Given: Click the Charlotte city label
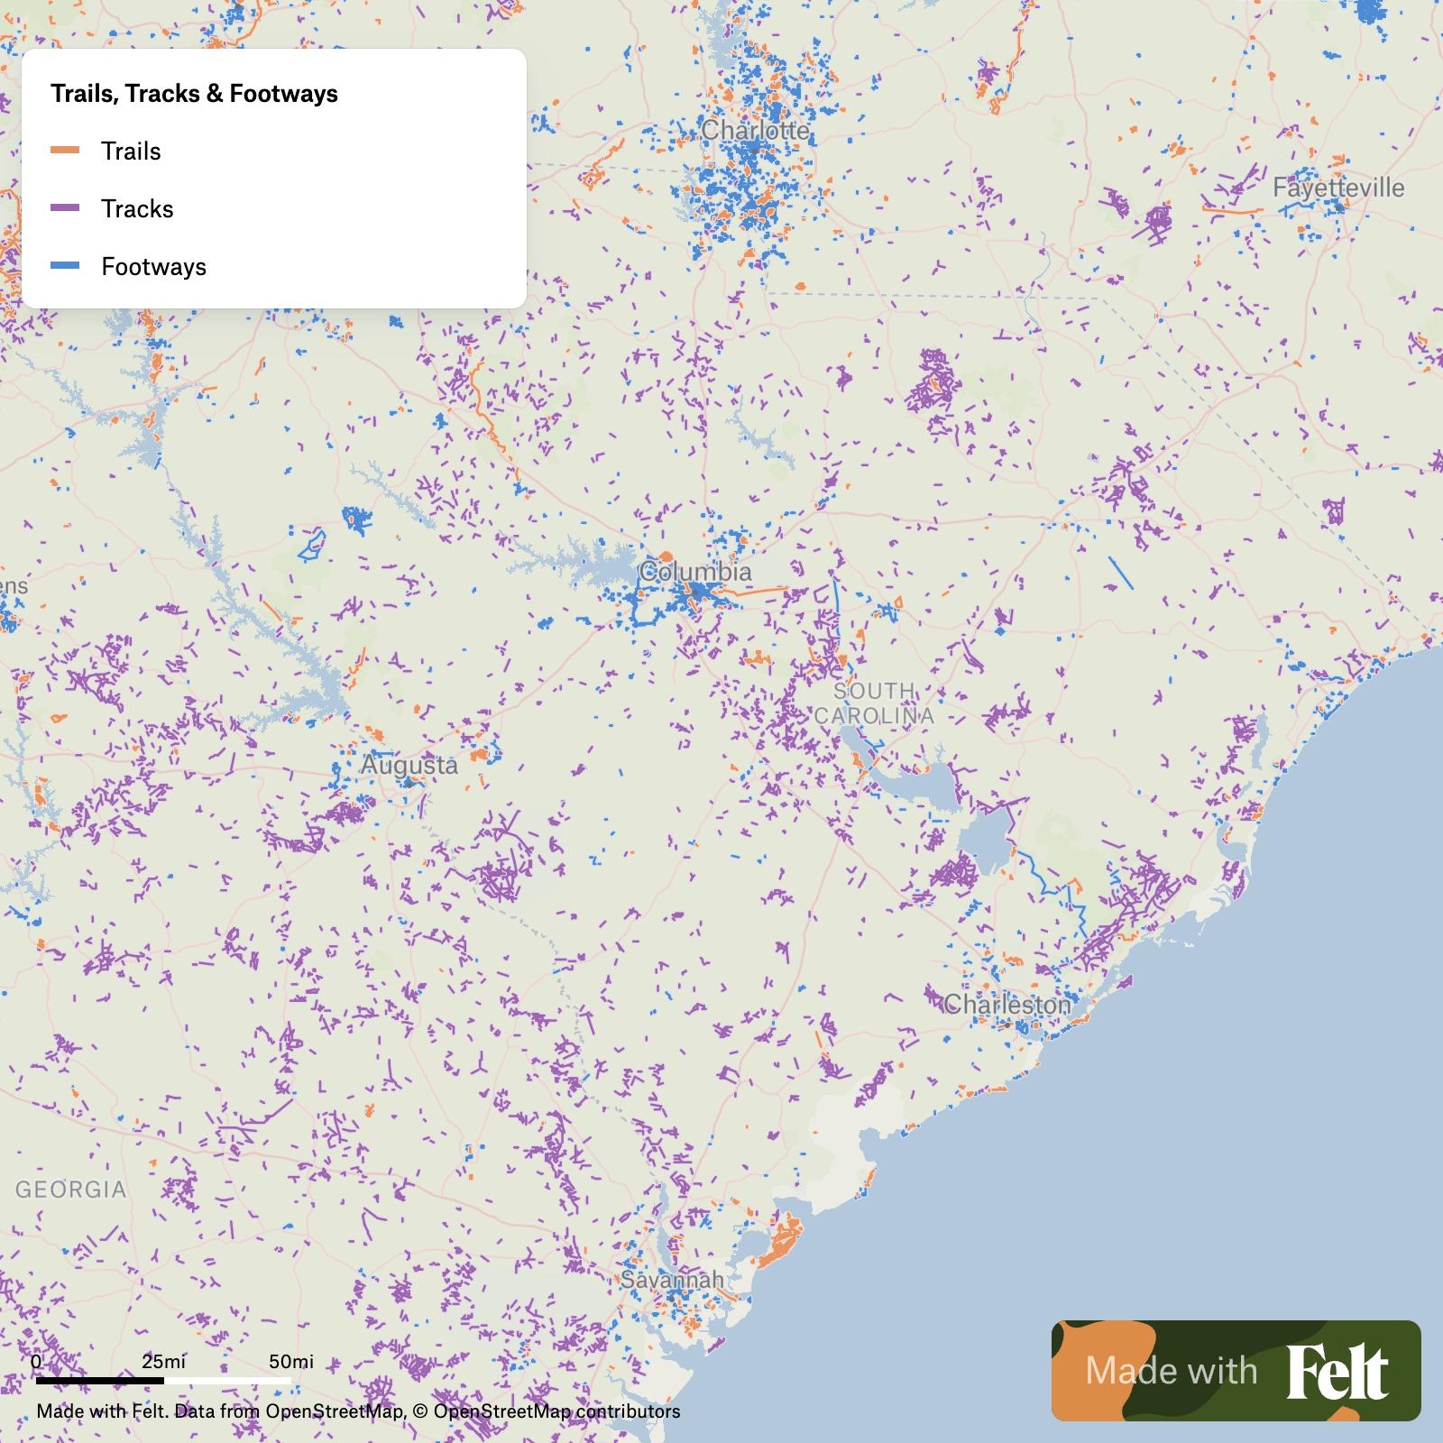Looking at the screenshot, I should click(x=755, y=131).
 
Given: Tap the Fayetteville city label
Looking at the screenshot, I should click(x=1337, y=188).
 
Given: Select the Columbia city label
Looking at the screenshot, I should click(x=694, y=572).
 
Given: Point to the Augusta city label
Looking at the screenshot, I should click(x=409, y=765).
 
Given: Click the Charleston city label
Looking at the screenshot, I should click(x=1006, y=1004).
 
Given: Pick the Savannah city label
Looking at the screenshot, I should click(x=672, y=1279).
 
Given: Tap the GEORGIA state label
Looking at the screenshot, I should click(x=71, y=1189).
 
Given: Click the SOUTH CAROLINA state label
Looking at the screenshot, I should click(x=873, y=703).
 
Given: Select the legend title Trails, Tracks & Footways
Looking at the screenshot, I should click(x=194, y=94).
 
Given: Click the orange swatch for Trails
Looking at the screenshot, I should click(x=65, y=151).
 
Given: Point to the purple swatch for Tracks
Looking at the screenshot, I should click(x=65, y=208).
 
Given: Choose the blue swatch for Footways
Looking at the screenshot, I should click(x=65, y=266).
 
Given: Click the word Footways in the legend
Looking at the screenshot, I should click(x=153, y=267).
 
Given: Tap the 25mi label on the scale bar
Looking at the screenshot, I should click(x=163, y=1361).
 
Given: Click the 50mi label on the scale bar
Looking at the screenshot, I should click(x=290, y=1361).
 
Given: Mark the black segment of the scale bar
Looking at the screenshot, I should click(x=99, y=1380).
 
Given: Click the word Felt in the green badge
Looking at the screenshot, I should click(x=1337, y=1372).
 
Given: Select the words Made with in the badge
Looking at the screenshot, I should click(x=1171, y=1371).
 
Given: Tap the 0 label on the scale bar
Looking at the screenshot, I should click(x=36, y=1361).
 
